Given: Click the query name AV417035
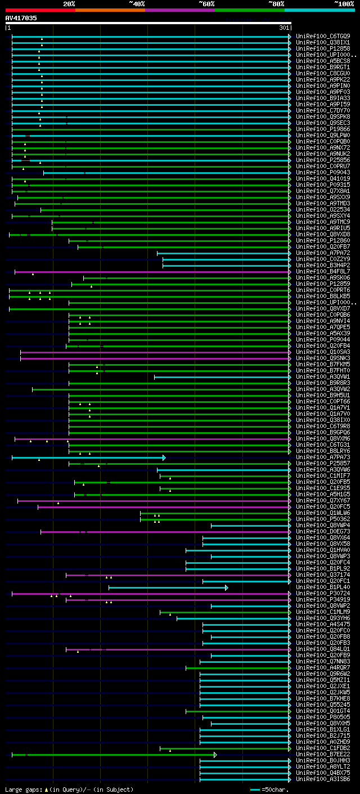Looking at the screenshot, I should (x=21, y=18).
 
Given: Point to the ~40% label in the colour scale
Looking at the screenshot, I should (x=137, y=4).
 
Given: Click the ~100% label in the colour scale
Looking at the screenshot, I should (x=344, y=4).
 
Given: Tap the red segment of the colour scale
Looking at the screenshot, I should (x=40, y=10).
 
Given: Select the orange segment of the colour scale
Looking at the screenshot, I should (x=110, y=10).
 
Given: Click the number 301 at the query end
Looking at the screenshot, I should (x=283, y=28).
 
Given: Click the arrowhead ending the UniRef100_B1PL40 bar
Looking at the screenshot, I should (x=227, y=587).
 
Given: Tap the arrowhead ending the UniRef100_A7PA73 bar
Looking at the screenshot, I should (x=164, y=457).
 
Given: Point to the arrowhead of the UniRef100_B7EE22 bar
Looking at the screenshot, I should (x=215, y=755).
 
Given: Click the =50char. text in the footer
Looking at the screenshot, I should (x=275, y=789).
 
